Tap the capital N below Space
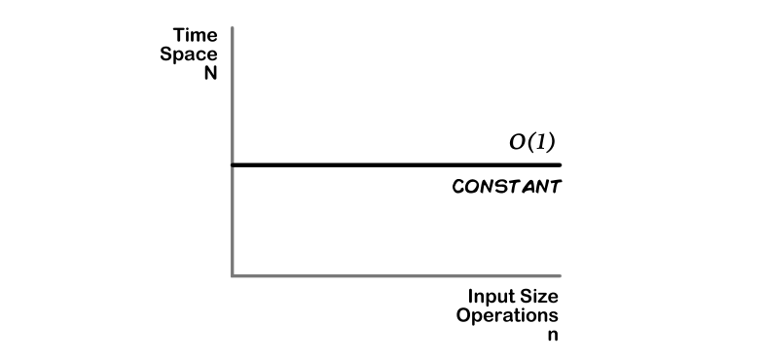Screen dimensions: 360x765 (x=210, y=73)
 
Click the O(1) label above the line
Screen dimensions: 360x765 (x=532, y=142)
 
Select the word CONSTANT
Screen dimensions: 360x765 (x=506, y=187)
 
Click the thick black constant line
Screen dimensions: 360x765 (x=389, y=164)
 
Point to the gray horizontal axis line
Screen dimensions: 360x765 (x=389, y=275)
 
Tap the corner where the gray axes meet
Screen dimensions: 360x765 (x=232, y=275)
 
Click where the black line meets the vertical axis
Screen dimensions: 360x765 (x=232, y=164)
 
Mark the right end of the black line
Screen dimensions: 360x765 (x=560, y=164)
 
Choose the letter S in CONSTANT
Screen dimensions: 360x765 (x=496, y=187)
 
